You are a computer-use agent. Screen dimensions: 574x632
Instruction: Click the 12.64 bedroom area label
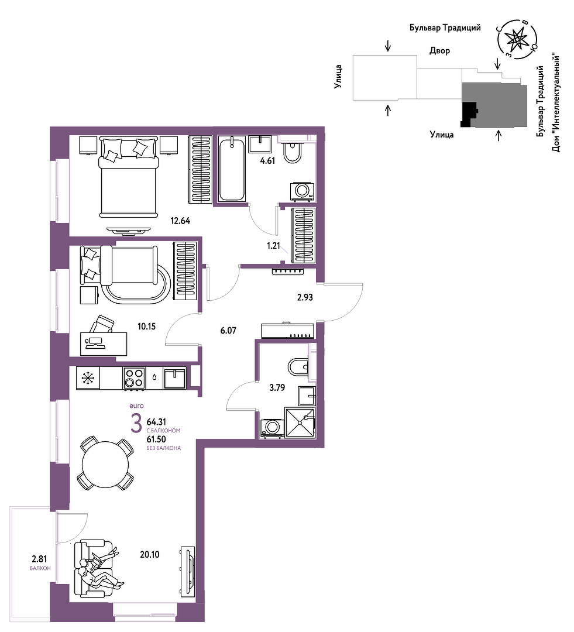coord(180,221)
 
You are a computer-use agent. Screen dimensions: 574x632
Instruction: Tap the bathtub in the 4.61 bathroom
coord(232,168)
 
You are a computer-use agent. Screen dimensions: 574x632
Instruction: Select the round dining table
coord(105,464)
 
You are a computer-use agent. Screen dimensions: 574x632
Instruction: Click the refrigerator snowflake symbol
coord(88,378)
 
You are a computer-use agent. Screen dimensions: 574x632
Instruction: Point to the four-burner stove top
coord(134,378)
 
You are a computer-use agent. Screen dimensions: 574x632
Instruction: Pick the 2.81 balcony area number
coord(40,559)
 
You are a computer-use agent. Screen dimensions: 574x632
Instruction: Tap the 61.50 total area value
coord(156,439)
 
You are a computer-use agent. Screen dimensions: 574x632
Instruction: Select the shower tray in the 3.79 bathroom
coord(300,423)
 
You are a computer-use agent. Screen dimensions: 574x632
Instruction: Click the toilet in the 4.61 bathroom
coord(292,151)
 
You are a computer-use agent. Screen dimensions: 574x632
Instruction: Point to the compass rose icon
coord(517,39)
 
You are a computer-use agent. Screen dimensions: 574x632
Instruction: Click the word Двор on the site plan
coord(439,51)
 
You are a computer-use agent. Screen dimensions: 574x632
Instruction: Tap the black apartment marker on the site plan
coord(469,115)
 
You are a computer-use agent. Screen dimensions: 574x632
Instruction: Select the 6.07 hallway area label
coord(228,331)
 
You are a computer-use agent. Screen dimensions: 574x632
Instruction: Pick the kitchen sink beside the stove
coord(174,378)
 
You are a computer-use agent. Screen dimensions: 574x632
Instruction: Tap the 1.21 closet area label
coord(273,245)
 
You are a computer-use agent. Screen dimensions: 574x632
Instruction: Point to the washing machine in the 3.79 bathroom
coord(272,428)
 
